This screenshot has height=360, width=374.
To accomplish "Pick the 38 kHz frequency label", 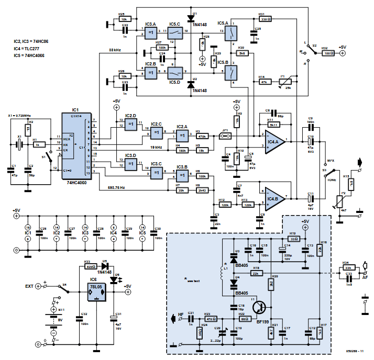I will click(x=116, y=50).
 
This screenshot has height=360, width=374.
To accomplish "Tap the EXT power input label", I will click(x=30, y=287).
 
